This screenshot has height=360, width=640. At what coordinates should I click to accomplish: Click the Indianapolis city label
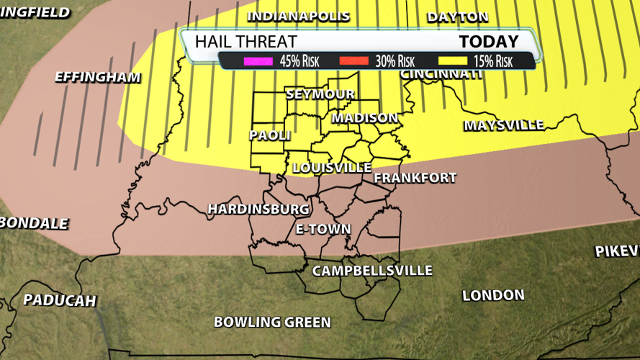[x=298, y=16]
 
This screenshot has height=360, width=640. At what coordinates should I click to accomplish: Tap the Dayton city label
[x=457, y=16]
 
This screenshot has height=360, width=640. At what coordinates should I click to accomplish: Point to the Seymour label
[x=320, y=94]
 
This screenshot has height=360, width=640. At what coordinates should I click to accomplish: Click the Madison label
[x=365, y=117]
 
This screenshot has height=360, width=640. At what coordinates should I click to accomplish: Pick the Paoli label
[x=270, y=135]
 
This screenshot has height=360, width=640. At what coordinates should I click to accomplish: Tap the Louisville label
[x=332, y=167]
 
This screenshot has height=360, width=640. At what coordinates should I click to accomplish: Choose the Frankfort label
[x=415, y=177]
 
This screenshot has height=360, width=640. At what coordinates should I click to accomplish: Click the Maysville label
[x=503, y=125]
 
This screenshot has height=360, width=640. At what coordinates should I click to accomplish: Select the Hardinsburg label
[x=258, y=209]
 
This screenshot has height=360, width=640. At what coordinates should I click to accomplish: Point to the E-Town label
[x=323, y=229]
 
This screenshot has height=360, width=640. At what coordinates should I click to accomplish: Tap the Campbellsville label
[x=371, y=271]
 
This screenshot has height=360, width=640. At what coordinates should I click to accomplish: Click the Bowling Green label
[x=272, y=322]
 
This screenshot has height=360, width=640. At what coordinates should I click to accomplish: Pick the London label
[x=493, y=295]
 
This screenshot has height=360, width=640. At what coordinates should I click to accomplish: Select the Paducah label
[x=59, y=300]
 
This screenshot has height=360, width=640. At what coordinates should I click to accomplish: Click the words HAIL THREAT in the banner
[x=241, y=42]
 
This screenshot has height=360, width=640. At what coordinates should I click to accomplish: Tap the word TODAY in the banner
[x=489, y=41]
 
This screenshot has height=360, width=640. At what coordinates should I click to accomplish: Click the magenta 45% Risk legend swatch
[x=258, y=61]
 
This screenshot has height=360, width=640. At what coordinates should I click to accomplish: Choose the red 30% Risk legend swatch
[x=353, y=61]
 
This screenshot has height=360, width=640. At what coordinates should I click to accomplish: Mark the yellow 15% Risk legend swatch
[x=451, y=61]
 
